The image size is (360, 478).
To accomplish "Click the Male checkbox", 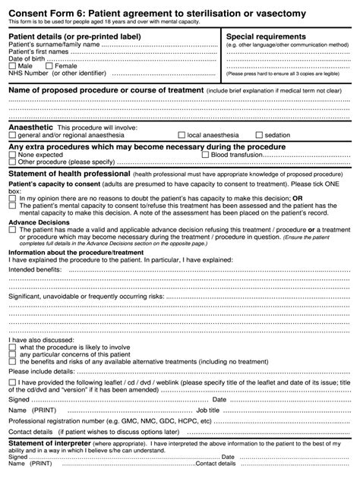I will pos(12,66).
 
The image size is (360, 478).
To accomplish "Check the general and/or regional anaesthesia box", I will pos(12,134).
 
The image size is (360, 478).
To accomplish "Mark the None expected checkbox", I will pos(12,154).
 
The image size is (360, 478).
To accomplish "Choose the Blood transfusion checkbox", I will pos(205,154).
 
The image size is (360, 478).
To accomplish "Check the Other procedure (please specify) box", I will pos(12,162).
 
